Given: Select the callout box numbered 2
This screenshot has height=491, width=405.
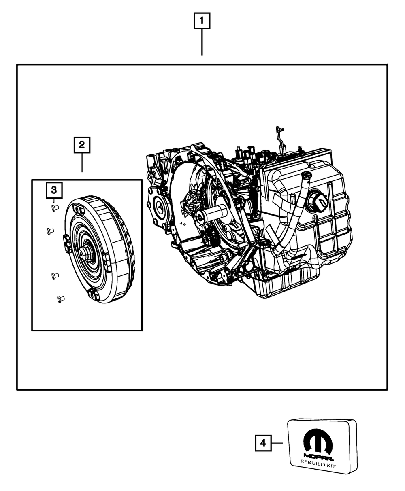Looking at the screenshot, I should (x=82, y=145).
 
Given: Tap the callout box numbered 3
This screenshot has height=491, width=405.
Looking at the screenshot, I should (x=54, y=190).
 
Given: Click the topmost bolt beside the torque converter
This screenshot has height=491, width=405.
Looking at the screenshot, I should (x=55, y=208).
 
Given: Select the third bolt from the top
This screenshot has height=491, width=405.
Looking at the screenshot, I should (x=55, y=276).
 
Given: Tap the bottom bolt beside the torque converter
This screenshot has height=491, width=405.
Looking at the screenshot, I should (x=60, y=299).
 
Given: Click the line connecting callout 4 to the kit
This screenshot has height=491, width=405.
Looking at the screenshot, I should (x=277, y=444).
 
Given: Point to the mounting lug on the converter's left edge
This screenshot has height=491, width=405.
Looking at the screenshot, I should (x=66, y=241).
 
